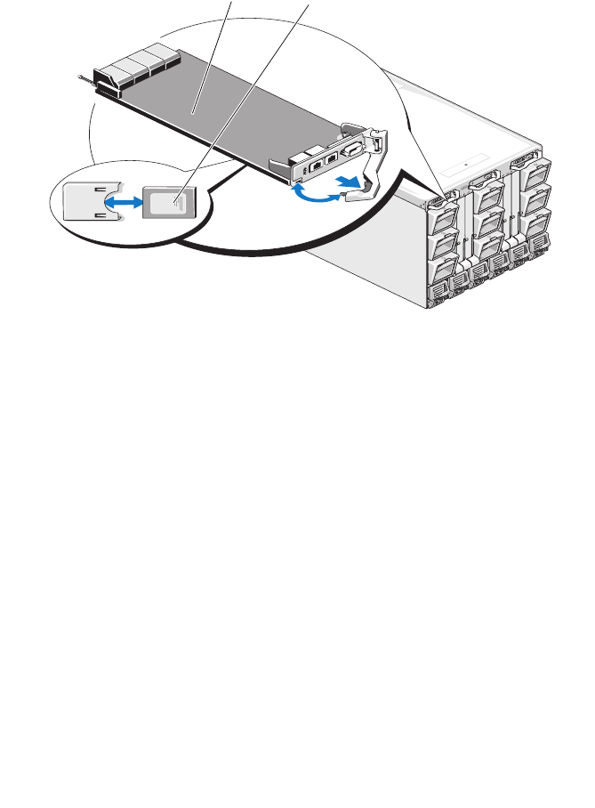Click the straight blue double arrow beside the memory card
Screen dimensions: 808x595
(x=124, y=203)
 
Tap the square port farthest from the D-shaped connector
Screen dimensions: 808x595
(x=314, y=165)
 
